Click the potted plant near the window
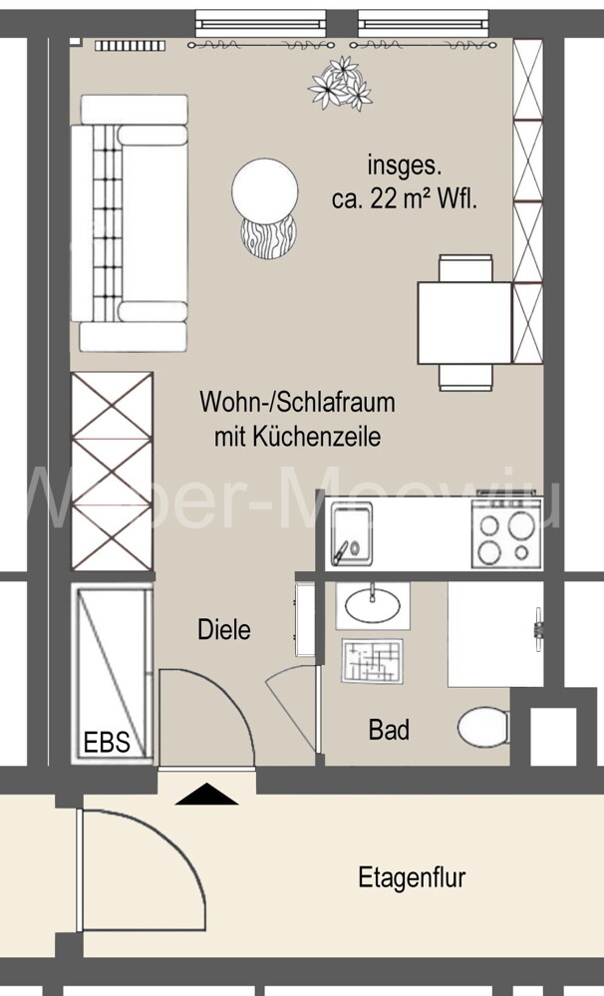tap(341, 82)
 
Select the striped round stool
tap(269, 237)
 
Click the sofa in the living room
tap(134, 221)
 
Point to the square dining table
tap(464, 322)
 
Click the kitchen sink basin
tap(351, 532)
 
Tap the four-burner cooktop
tap(504, 538)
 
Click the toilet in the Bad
tap(483, 728)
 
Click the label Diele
tap(224, 630)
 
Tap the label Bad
tap(389, 730)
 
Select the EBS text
tap(106, 743)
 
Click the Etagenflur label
tap(412, 878)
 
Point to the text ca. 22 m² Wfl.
tap(405, 198)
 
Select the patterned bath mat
tap(371, 660)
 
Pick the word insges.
tap(404, 165)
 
